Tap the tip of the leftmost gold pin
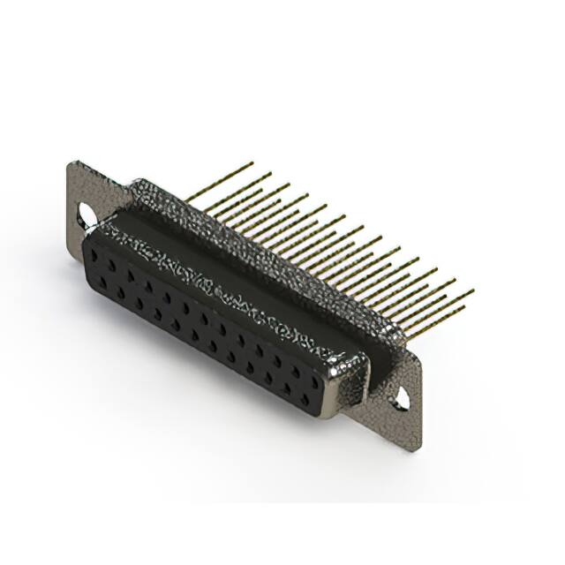(x=252, y=163)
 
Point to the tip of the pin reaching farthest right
(x=472, y=290)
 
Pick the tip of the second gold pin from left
(x=270, y=174)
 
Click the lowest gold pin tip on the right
(x=464, y=308)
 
